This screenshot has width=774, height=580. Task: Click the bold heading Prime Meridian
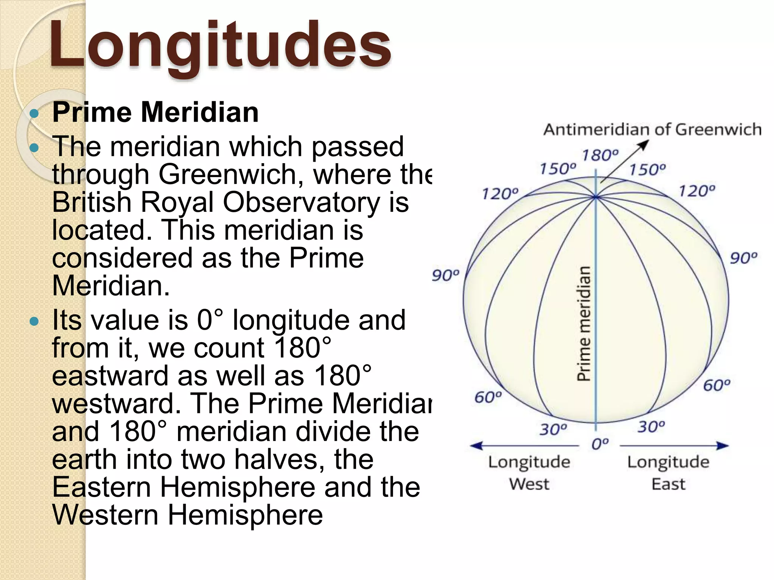(x=155, y=113)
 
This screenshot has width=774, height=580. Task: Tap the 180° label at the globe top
(x=600, y=155)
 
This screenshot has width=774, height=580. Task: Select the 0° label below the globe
(x=600, y=444)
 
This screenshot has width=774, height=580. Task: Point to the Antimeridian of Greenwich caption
(x=652, y=130)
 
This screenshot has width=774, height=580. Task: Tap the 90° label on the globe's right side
(x=743, y=258)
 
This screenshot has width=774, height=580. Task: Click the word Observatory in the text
(x=301, y=202)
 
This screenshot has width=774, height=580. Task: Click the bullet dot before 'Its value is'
(x=34, y=322)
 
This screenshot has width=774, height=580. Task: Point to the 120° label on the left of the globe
(x=500, y=194)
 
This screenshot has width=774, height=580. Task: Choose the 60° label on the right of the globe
(x=717, y=386)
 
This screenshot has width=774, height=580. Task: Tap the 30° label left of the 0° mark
(x=553, y=429)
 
